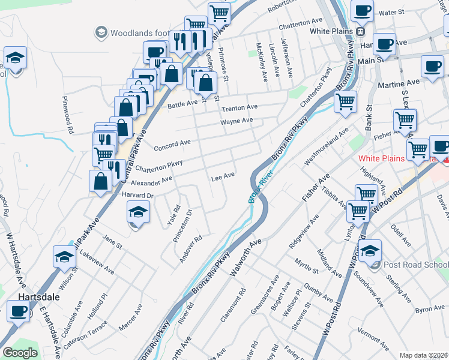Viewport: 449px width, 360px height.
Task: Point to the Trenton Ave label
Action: (240, 107)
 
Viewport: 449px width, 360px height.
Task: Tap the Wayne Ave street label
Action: (237, 121)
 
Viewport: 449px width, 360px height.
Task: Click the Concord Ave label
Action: (172, 145)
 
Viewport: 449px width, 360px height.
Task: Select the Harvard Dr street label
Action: (139, 196)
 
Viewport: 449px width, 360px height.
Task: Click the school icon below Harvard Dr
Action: (138, 213)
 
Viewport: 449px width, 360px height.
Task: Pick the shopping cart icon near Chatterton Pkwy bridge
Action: (345, 102)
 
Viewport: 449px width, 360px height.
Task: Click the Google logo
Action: (20, 353)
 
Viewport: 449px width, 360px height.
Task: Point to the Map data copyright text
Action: (423, 355)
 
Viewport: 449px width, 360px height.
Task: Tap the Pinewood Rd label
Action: (67, 114)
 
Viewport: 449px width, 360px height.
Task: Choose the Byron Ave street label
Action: (429, 308)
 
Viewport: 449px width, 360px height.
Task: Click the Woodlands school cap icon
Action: (100, 31)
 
